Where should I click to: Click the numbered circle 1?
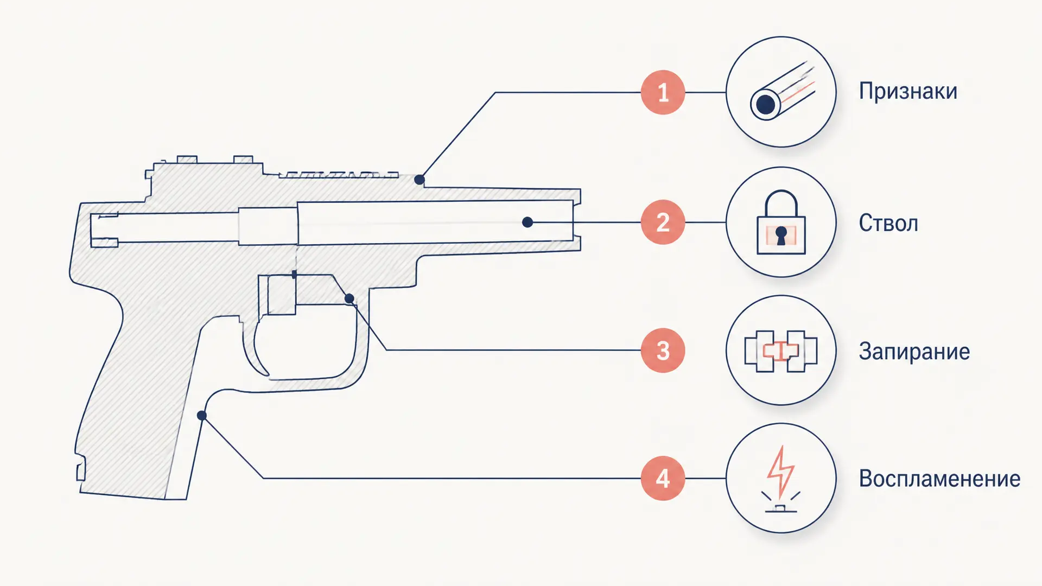click(663, 92)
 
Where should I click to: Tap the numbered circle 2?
click(663, 222)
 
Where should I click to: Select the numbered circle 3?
click(663, 351)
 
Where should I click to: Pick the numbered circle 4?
click(663, 479)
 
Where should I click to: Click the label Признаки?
click(908, 91)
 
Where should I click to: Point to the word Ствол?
click(888, 223)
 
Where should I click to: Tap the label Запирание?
click(914, 352)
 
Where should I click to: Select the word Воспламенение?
click(939, 479)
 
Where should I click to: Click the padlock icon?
click(781, 222)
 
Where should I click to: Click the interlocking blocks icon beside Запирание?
click(781, 351)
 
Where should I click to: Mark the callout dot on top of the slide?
click(420, 180)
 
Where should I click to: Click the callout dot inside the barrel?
click(528, 222)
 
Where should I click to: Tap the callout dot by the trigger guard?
click(350, 298)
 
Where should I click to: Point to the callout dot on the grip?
click(202, 416)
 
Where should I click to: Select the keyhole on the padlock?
click(781, 236)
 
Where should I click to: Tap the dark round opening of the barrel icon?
click(766, 104)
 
